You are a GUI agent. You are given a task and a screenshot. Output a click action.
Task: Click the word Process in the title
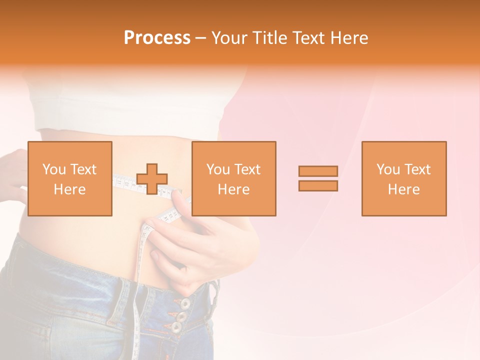coord(157,38)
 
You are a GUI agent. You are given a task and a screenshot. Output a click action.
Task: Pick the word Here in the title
coord(351,38)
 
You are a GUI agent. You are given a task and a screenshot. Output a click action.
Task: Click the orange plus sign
coord(152,179)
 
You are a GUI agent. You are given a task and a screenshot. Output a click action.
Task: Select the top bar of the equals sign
coord(318,171)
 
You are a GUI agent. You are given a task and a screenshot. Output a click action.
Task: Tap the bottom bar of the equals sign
coord(318,186)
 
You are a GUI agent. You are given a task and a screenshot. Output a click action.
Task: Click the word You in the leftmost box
coord(53,169)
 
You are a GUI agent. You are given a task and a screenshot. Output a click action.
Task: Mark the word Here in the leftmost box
coord(69,189)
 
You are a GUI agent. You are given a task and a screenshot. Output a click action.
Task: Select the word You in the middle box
coord(218,169)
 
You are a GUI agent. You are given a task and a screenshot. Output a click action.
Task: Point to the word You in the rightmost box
coord(388,169)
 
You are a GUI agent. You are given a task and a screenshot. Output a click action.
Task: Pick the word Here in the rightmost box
coord(404,189)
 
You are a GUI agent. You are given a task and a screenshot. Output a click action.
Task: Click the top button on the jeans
coord(185,303)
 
